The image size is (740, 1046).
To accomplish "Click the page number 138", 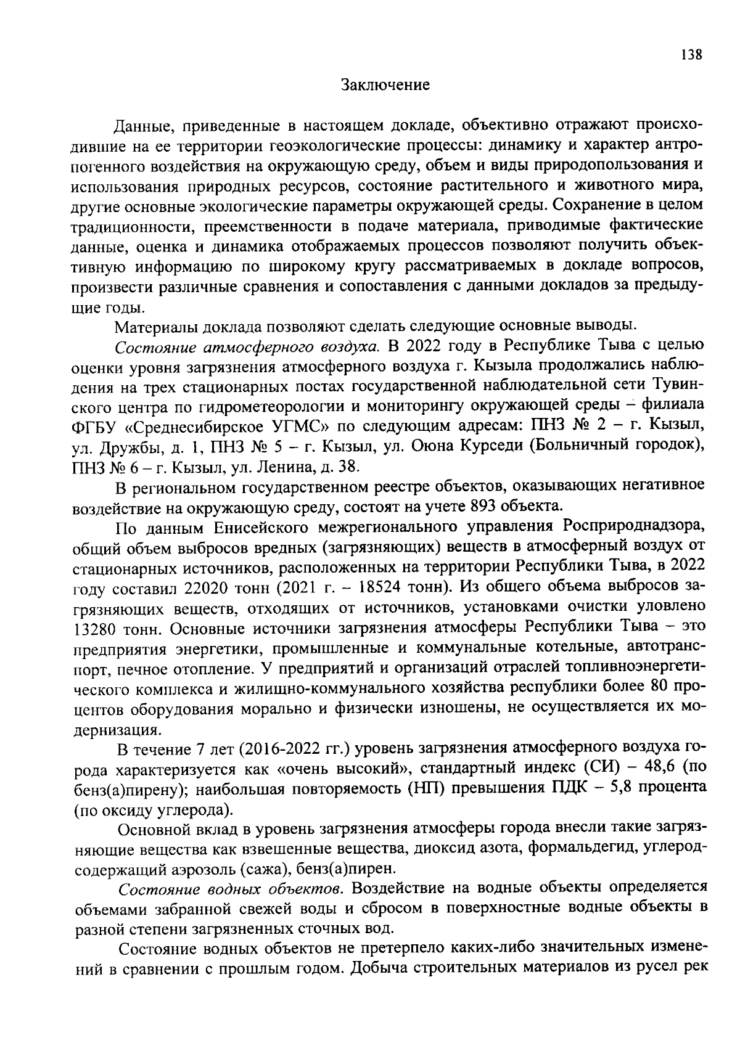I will pos(691,55).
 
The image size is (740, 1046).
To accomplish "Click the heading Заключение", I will pos(385,85).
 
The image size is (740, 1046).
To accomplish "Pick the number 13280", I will pos(96,630).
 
